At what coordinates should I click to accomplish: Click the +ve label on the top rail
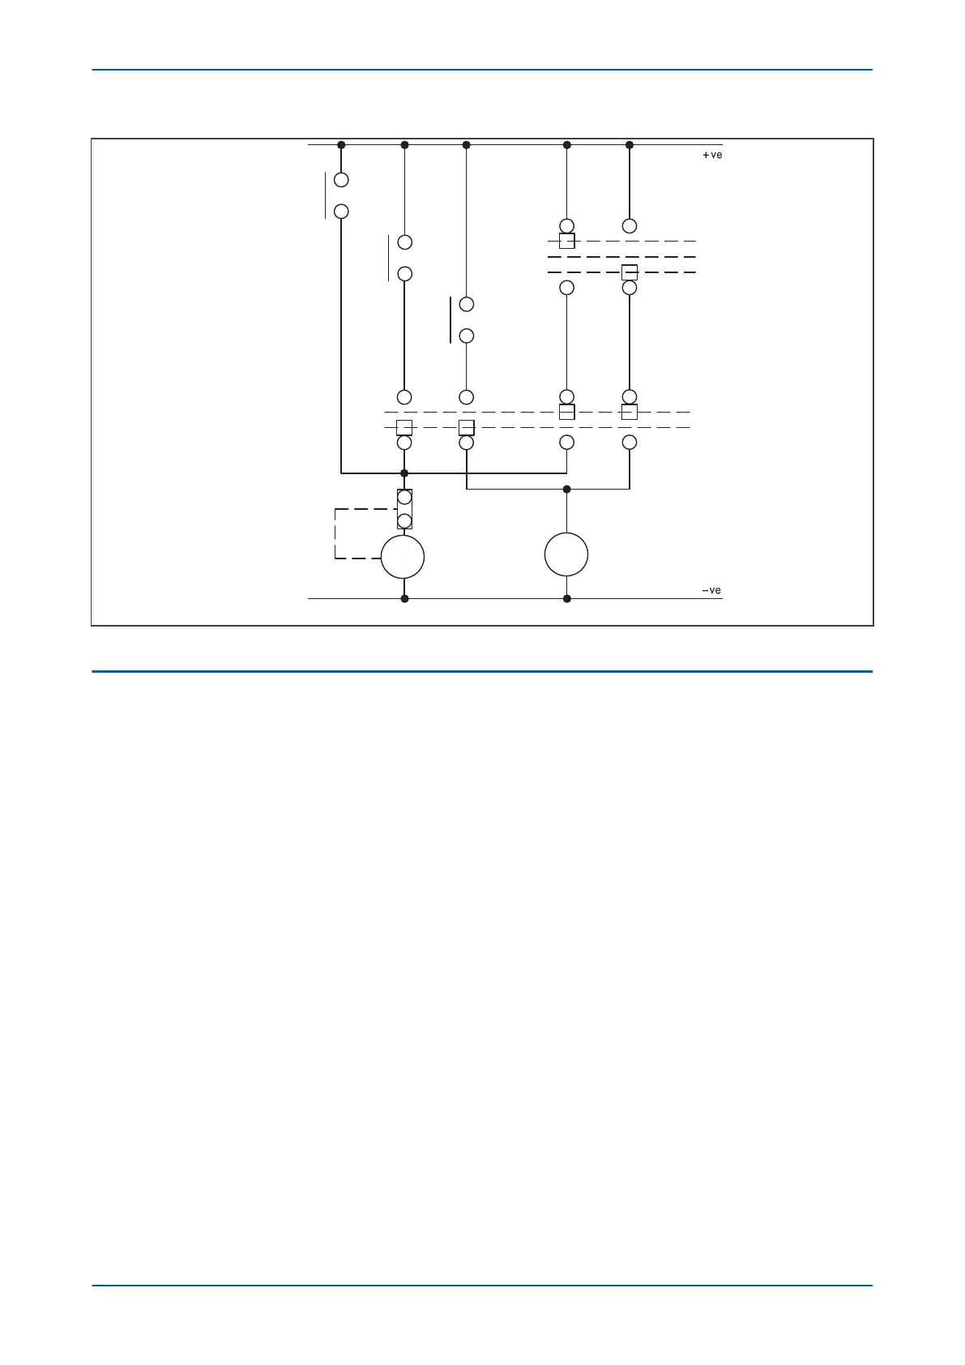[711, 155]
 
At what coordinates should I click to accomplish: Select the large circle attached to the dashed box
[403, 557]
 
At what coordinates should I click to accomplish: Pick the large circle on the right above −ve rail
[566, 554]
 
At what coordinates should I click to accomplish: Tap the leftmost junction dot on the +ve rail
[341, 145]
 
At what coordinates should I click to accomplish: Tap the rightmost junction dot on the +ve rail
[630, 145]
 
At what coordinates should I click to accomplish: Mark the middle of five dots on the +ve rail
[466, 145]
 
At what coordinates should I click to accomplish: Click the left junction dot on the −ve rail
[404, 598]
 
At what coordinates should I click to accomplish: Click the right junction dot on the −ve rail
[567, 598]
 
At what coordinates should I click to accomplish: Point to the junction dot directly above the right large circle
[566, 489]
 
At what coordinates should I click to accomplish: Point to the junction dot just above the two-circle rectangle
[404, 473]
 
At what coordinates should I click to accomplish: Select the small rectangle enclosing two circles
[404, 509]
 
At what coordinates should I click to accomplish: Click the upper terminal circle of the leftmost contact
[341, 180]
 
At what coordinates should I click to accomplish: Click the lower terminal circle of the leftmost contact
[341, 212]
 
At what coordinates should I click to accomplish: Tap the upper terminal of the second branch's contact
[404, 242]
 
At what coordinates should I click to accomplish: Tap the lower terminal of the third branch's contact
[466, 336]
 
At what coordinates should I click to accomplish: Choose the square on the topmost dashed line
[567, 241]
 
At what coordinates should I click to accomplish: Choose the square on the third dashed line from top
[630, 272]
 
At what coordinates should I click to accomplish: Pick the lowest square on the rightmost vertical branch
[630, 412]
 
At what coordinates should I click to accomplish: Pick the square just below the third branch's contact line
[466, 427]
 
